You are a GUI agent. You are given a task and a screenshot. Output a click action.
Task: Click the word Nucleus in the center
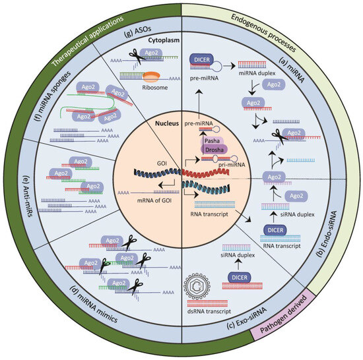click(x=162, y=123)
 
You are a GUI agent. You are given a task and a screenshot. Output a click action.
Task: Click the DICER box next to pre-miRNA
click(x=204, y=59)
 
